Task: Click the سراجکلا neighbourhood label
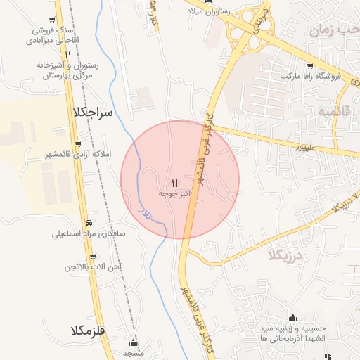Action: [x=92, y=112]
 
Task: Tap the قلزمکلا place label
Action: [x=88, y=330]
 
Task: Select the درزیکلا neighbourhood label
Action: [x=284, y=255]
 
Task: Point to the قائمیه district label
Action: [x=333, y=112]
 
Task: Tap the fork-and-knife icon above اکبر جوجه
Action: [x=174, y=181]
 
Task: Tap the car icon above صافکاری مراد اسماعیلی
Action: [x=86, y=224]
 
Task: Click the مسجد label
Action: [x=133, y=353]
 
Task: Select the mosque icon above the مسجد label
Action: [x=134, y=343]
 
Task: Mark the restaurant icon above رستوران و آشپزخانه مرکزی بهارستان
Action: [x=67, y=54]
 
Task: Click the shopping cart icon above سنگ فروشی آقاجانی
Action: [x=54, y=20]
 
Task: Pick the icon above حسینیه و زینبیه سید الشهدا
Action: [x=292, y=318]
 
